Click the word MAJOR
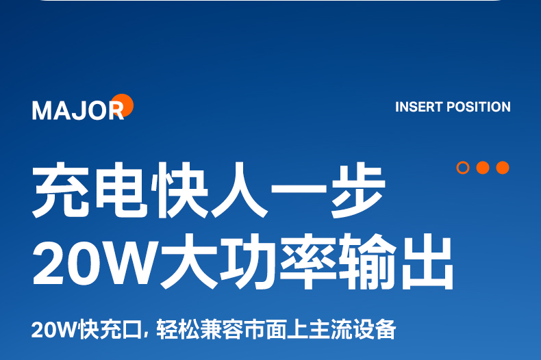pyautogui.click(x=78, y=110)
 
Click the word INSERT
pyautogui.click(x=419, y=107)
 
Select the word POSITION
pyautogui.click(x=479, y=107)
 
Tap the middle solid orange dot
pyautogui.click(x=483, y=168)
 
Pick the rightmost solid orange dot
pyautogui.click(x=503, y=168)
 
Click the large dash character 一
pyautogui.click(x=299, y=189)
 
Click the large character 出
pyautogui.click(x=427, y=261)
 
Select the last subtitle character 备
pyautogui.click(x=385, y=330)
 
